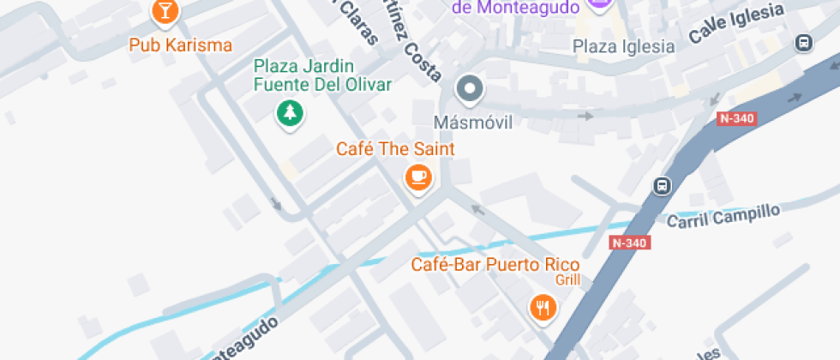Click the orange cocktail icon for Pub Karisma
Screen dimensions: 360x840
165,11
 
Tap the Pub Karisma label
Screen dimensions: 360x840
180,45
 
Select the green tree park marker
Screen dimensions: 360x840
291,112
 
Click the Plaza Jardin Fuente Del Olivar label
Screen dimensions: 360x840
322,75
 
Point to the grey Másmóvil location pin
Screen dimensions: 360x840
469,88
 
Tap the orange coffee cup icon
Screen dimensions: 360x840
418,177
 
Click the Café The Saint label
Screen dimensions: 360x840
395,149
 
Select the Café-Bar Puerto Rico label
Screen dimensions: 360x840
495,264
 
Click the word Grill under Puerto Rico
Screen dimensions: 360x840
567,279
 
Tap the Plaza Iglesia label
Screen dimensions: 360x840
624,46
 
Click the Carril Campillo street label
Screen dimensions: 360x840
723,216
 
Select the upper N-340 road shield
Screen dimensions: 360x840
736,119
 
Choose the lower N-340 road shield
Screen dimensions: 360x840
629,243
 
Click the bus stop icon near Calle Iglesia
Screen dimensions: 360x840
804,42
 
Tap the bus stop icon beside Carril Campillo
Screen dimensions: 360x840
663,185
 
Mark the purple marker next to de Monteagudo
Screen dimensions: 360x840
598,4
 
